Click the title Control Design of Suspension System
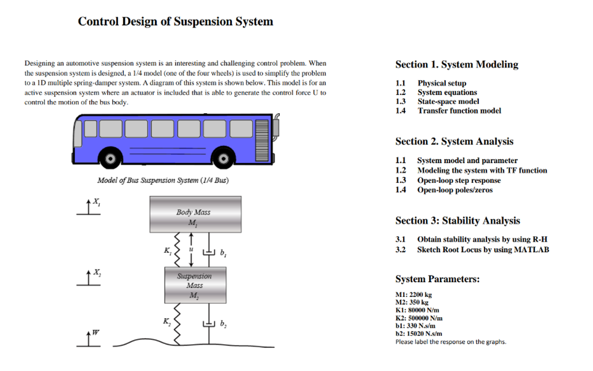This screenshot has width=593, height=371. click(175, 22)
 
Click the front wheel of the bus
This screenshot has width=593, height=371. click(223, 158)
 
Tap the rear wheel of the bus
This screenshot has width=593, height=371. click(111, 158)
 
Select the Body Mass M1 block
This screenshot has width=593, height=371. click(195, 214)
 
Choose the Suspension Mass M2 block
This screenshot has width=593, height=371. click(195, 285)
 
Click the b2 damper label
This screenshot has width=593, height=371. click(223, 323)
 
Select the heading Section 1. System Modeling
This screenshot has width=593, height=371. click(456, 65)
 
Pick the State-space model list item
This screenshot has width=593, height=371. click(448, 101)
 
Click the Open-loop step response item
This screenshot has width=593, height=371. click(458, 180)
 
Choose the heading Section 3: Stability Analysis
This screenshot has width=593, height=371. click(457, 221)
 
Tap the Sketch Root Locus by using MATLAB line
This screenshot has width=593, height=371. click(482, 249)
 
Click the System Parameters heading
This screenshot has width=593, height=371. click(437, 279)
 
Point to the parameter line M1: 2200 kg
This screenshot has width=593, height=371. click(413, 295)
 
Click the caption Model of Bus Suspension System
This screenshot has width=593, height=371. click(163, 180)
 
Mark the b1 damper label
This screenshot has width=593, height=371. click(223, 253)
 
